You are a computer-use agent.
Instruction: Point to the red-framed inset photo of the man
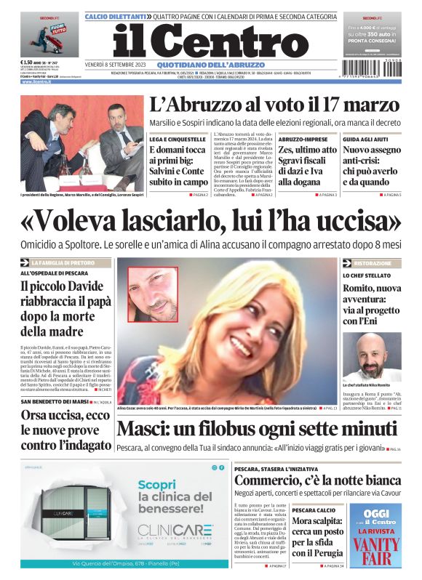click(x=152, y=294)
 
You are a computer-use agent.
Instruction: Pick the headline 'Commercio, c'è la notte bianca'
click(x=317, y=480)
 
